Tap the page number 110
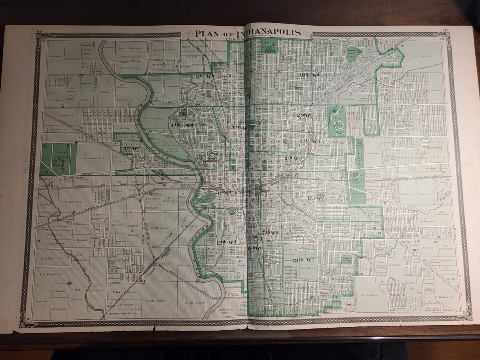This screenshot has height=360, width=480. pos(39,31)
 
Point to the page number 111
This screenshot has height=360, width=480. pos(446,30)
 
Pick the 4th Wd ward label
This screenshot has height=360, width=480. pos(182,125)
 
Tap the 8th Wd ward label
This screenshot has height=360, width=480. pos(315,198)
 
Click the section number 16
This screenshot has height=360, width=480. pos(70,283)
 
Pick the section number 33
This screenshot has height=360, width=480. pos(80,75)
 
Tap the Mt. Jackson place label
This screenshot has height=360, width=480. pos(76,177)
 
